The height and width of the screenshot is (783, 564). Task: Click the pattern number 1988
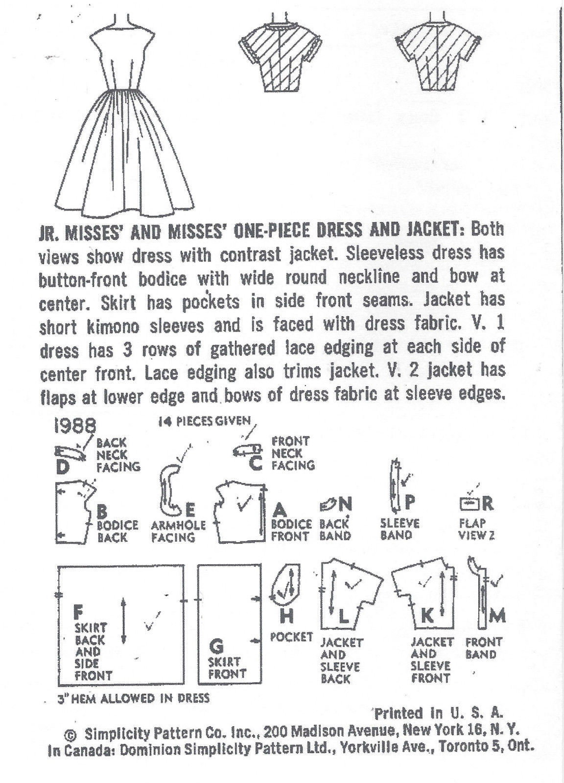74,424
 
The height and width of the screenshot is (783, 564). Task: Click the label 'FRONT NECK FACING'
292,453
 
